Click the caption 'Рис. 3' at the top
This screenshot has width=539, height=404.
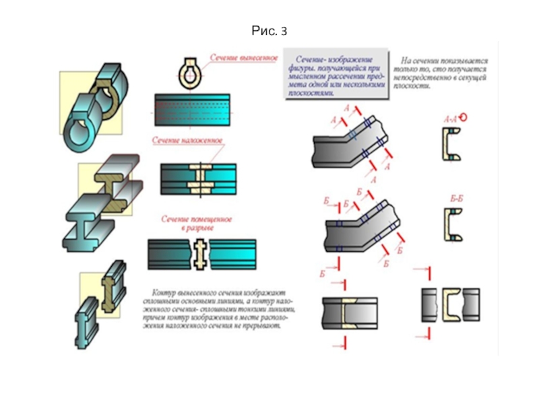tap(269, 30)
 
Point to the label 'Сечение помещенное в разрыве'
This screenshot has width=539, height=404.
tap(197, 224)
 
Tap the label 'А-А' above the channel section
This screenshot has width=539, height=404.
tap(450, 119)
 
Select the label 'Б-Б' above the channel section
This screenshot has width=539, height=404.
tap(455, 199)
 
